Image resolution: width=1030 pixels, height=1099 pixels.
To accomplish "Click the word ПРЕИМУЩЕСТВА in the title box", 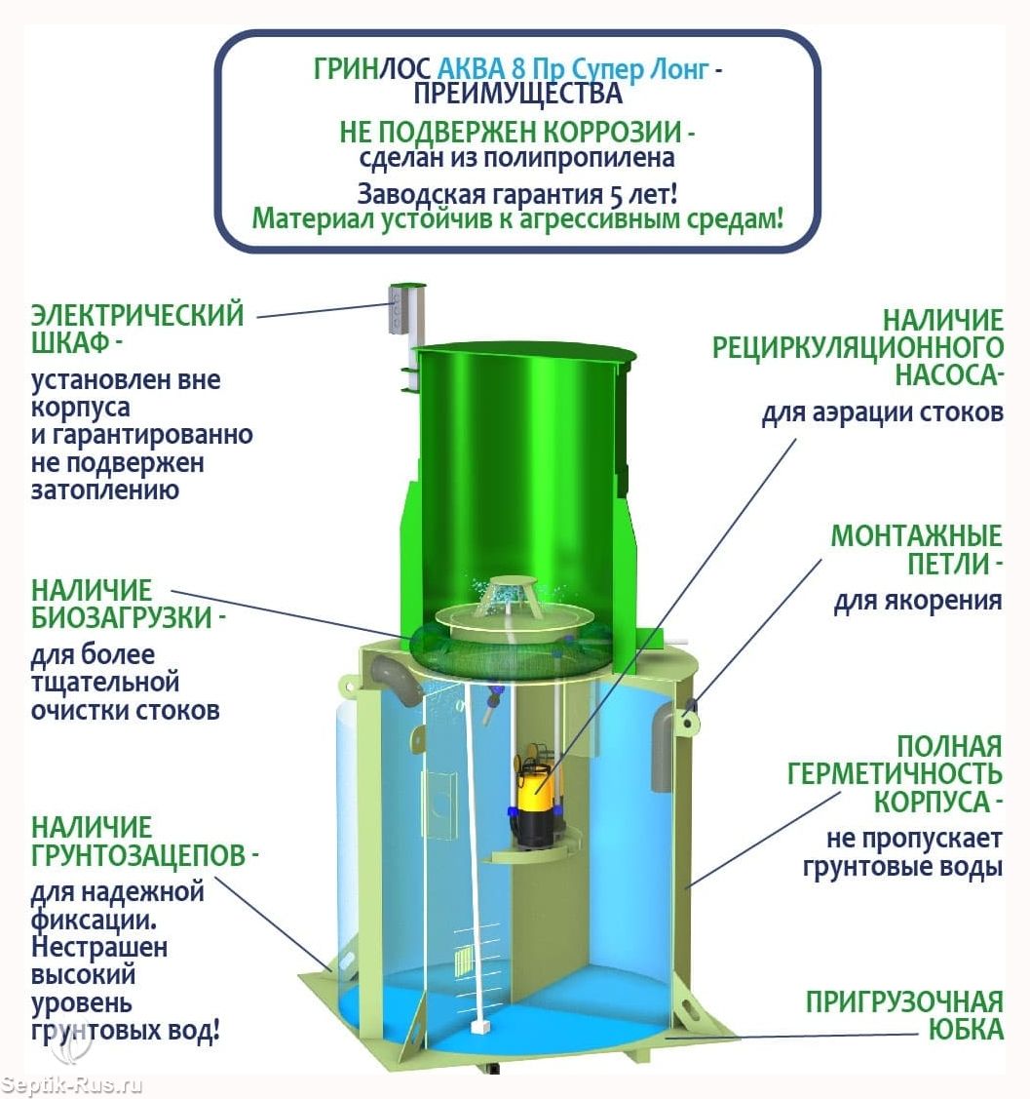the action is click(517, 94).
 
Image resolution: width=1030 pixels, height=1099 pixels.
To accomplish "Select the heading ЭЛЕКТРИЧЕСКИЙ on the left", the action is click(137, 314).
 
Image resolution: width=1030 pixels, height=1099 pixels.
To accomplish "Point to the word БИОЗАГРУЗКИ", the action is click(122, 617).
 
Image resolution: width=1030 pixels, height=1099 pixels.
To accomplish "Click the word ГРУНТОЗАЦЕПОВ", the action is click(138, 855).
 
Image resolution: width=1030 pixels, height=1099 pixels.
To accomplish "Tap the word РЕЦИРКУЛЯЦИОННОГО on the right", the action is click(858, 347).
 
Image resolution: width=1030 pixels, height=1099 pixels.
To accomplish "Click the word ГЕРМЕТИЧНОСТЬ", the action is click(895, 774).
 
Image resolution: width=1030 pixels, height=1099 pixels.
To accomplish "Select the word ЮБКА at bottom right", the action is click(966, 1030).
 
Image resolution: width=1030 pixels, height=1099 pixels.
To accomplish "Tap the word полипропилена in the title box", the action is click(579, 158).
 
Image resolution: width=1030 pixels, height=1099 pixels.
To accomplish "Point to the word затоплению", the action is click(105, 490).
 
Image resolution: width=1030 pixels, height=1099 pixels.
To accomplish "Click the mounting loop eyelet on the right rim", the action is click(690, 720).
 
